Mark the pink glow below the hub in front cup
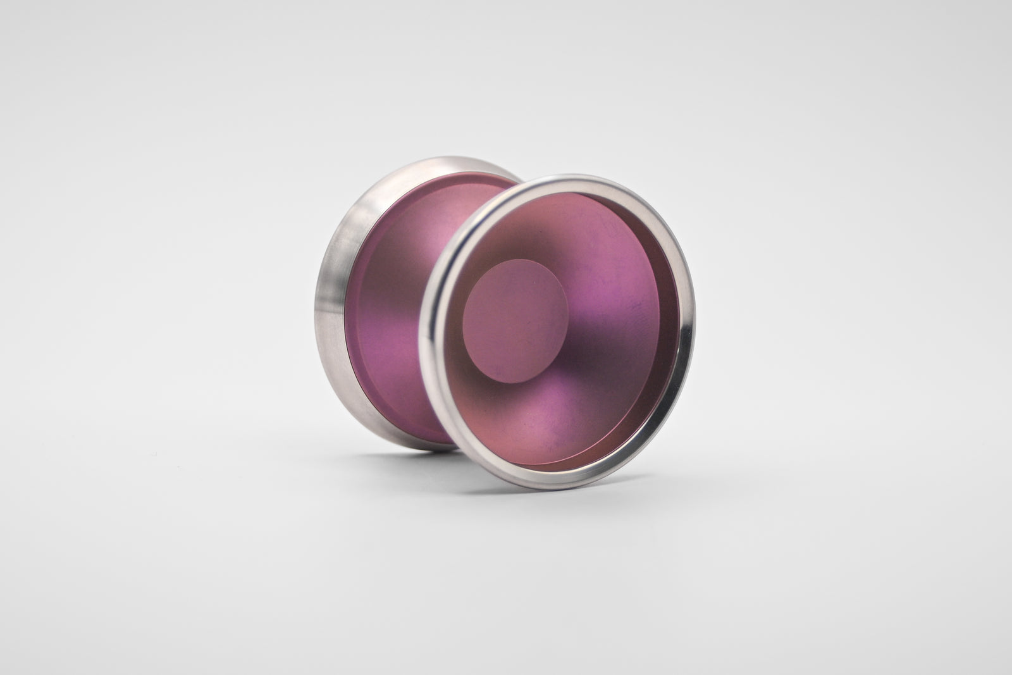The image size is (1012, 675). click(x=538, y=418)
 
